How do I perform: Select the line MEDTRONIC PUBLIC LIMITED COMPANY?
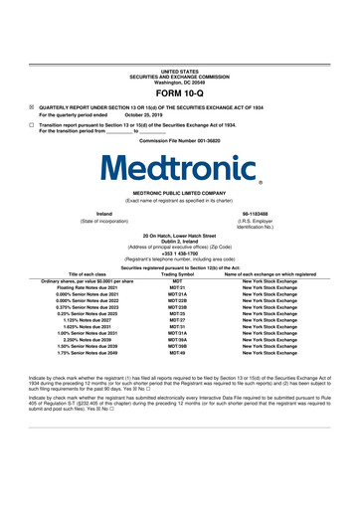pos(179,194)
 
